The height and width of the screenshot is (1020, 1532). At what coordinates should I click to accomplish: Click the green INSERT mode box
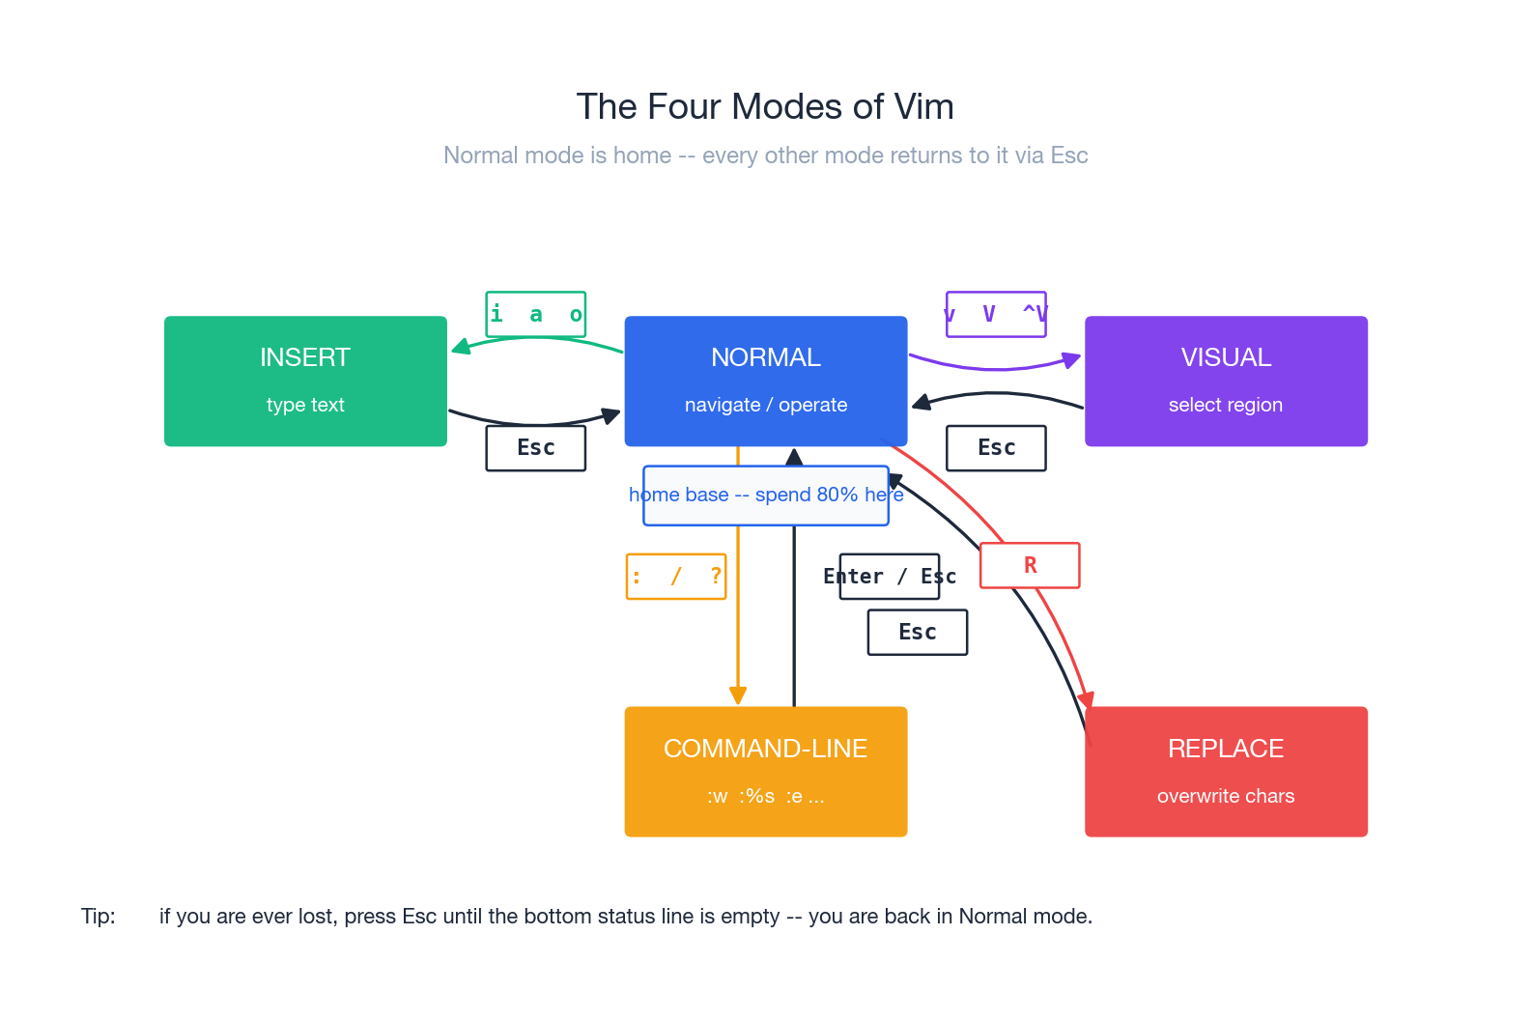tap(305, 381)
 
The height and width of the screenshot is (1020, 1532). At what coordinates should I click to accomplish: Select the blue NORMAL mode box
tap(765, 381)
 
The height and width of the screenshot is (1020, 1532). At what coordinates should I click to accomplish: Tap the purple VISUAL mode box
tap(1226, 381)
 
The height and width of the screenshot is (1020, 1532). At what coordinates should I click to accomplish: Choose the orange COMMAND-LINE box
tap(765, 771)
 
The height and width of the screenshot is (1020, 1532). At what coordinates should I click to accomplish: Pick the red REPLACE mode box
tap(1226, 771)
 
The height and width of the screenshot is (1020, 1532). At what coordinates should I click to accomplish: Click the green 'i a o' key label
tap(535, 314)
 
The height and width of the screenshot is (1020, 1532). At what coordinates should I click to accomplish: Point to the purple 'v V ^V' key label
tap(996, 314)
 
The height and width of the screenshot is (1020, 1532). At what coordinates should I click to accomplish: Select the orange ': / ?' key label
tap(676, 577)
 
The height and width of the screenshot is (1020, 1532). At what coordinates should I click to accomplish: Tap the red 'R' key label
tap(1030, 565)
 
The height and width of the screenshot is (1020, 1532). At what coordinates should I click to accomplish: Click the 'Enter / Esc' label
tap(889, 577)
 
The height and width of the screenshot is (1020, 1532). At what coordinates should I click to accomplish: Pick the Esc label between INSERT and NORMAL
tap(535, 448)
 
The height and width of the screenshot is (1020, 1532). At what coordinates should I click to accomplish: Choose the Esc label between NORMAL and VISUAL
tap(996, 448)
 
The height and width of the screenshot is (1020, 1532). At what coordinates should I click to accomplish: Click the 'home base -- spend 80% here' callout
tap(765, 496)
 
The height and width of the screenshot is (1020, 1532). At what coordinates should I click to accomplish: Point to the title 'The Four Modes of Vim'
tap(765, 107)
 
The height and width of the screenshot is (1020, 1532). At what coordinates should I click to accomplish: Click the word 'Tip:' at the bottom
tap(98, 916)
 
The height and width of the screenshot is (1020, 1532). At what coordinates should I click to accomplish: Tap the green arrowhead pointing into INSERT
tap(460, 347)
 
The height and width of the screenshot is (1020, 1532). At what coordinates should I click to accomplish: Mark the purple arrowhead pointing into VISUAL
tap(1071, 359)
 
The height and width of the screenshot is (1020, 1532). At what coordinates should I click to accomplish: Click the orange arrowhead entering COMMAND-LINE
tap(738, 696)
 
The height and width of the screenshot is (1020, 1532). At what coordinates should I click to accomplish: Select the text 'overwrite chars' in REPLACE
tap(1226, 796)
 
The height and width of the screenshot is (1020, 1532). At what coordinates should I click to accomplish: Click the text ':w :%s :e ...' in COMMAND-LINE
tap(765, 796)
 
